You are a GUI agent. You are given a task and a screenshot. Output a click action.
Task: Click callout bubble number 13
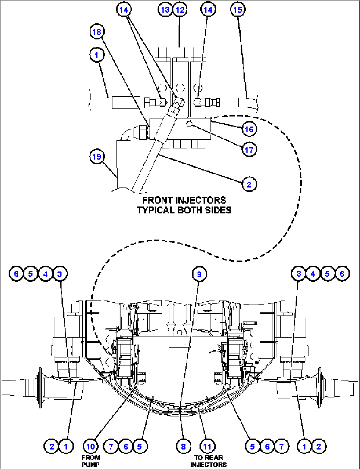tap(165, 10)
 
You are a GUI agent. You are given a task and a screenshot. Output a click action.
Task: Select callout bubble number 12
tap(180, 10)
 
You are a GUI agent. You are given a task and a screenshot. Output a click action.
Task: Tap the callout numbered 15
tap(238, 10)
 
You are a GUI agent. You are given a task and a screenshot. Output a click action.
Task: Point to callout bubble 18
tap(97, 32)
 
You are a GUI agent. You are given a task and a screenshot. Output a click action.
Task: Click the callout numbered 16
tap(249, 129)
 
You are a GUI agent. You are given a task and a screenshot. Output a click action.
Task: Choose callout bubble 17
tap(249, 150)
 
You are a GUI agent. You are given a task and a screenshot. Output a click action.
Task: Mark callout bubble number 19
tap(97, 156)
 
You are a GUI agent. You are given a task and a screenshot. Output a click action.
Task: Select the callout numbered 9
tap(199, 274)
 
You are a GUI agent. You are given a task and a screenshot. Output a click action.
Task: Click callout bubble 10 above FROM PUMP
tap(90, 447)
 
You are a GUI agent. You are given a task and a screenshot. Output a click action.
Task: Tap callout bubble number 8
tap(183, 447)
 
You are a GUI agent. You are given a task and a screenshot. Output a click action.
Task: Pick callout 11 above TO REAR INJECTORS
tap(207, 447)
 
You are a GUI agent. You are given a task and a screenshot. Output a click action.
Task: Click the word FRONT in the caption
tap(157, 200)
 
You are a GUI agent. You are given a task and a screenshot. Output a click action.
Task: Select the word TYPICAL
tap(155, 210)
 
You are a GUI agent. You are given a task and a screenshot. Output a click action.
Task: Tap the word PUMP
tap(90, 465)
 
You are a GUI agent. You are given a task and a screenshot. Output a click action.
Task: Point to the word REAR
tap(215, 458)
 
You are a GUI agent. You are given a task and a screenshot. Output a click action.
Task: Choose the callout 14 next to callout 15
tap(208, 10)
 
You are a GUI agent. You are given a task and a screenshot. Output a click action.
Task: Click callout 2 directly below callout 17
tap(249, 184)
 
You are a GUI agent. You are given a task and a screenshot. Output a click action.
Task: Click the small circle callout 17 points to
tap(189, 124)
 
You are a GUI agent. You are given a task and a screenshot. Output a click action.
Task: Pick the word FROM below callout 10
tap(90, 458)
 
